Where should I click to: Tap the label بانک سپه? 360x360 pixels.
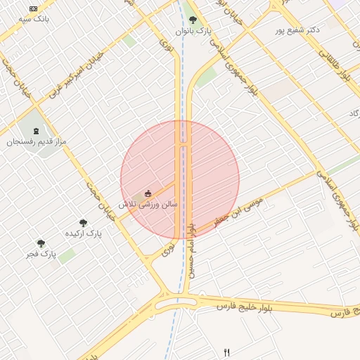[x=34, y=19]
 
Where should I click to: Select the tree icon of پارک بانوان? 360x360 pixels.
[x=193, y=20]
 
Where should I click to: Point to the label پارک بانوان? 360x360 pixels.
[x=204, y=32]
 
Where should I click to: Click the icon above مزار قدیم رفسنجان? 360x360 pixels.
[x=36, y=131]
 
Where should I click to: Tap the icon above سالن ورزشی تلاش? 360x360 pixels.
[x=148, y=193]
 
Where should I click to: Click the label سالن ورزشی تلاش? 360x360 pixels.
[x=148, y=204]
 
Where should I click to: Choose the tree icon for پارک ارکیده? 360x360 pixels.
[x=83, y=222]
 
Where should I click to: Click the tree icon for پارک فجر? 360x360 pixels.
[x=41, y=243]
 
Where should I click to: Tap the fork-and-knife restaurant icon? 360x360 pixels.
[x=226, y=352]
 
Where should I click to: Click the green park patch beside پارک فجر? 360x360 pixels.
[x=67, y=256]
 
